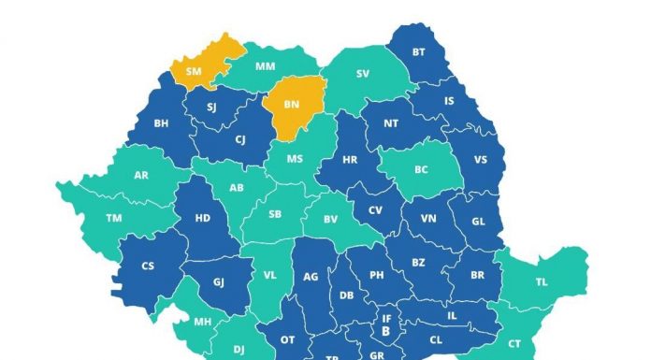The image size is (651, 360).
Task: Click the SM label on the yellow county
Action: tap(194, 70)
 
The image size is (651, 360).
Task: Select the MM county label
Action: tap(265, 68)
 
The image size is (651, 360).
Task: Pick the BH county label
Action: tap(161, 122)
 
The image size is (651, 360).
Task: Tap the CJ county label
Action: tap(240, 140)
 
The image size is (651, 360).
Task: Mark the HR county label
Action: tap(350, 160)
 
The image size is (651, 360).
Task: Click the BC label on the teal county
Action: tap(422, 169)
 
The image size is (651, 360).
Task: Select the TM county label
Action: tap(114, 218)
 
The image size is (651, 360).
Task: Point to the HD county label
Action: tap(201, 218)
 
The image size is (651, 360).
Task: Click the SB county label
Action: tap(275, 214)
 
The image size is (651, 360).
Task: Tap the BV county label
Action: tap(330, 219)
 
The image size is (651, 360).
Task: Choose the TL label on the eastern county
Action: tap(542, 281)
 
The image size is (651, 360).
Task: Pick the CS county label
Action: tap(148, 266)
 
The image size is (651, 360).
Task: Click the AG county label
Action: tap(311, 277)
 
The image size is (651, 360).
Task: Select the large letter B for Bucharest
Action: tap(385, 331)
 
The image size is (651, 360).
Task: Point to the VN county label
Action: tap(429, 218)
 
